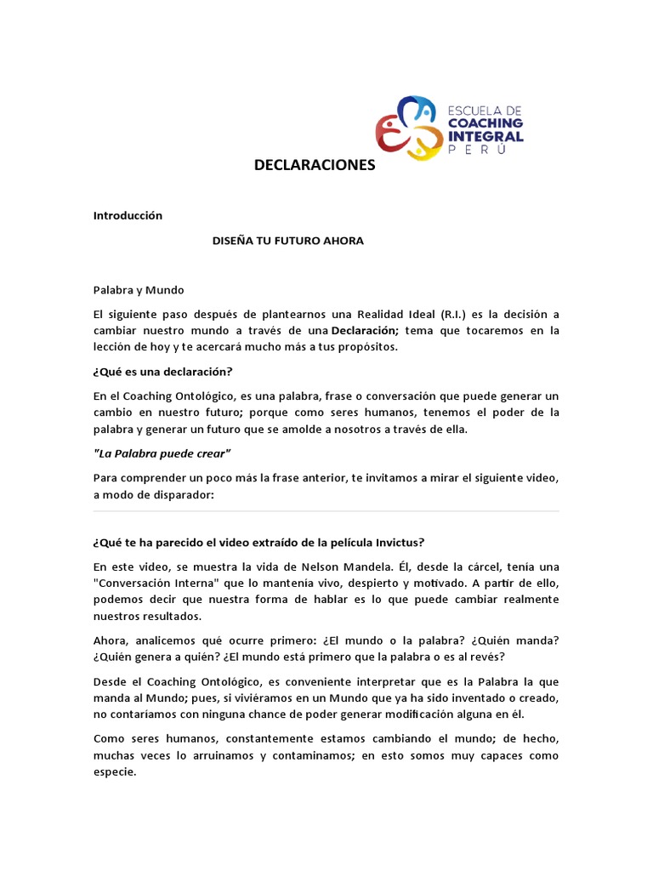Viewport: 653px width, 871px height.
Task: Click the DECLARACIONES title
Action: click(x=315, y=165)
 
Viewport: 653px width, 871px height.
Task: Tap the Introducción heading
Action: click(x=128, y=216)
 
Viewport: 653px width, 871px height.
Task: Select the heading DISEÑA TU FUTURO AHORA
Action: click(x=287, y=241)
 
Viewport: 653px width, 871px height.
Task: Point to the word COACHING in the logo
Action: click(x=485, y=123)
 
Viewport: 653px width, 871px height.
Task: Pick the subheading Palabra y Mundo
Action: click(x=139, y=291)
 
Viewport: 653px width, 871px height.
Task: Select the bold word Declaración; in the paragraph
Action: click(x=364, y=331)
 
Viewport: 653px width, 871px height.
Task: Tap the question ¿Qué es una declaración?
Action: click(x=162, y=372)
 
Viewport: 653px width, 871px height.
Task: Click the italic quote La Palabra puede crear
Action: click(x=162, y=453)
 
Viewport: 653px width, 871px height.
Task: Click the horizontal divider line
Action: click(x=326, y=511)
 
